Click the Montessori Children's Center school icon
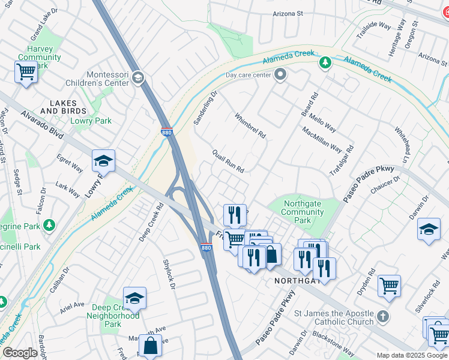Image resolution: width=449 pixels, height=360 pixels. point(137,77)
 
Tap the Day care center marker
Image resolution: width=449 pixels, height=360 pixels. point(280,75)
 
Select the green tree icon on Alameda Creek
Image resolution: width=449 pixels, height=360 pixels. point(325,62)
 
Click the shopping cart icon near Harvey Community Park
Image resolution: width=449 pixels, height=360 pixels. point(26,72)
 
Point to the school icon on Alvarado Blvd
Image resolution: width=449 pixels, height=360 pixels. point(103,161)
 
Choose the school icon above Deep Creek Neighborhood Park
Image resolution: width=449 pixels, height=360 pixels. point(134,298)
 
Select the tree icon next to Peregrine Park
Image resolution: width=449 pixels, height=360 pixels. point(49,225)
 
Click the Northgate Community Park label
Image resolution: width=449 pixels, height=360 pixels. point(303,212)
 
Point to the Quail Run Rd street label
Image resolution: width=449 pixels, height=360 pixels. point(228,161)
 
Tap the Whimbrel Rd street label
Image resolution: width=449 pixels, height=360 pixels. point(250,126)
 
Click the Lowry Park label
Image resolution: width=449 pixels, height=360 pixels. point(91,121)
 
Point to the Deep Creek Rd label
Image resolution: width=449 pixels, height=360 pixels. point(151,223)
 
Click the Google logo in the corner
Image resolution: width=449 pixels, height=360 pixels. point(20,353)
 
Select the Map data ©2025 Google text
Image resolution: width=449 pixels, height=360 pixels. point(411,355)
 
